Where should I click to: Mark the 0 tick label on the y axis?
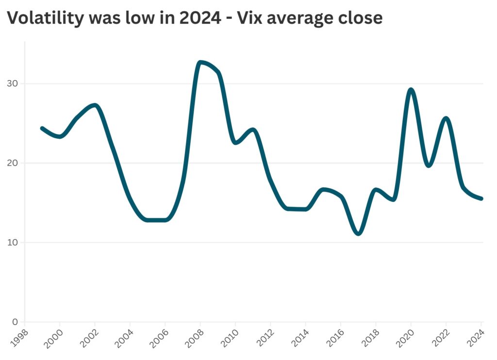click(15, 322)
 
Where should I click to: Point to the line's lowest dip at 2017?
click(358, 233)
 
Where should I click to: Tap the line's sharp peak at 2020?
click(411, 90)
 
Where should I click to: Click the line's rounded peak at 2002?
click(95, 105)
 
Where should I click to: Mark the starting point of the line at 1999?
click(42, 128)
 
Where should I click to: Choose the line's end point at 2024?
click(481, 198)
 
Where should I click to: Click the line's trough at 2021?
click(429, 165)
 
